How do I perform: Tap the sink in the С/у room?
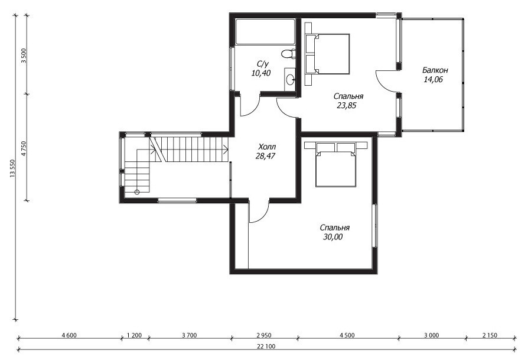point(290,80)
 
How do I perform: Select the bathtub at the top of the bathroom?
point(265,32)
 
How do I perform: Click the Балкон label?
point(435,70)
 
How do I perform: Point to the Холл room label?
point(267,147)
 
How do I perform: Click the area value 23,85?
point(347,106)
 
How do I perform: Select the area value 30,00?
point(333,237)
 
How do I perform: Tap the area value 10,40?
point(260,73)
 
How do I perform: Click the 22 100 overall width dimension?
point(266,346)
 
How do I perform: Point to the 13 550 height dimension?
point(13,168)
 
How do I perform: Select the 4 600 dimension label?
point(69,335)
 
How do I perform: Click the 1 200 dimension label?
point(134,335)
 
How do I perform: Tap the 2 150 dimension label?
point(490,335)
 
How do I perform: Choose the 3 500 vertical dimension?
point(23,56)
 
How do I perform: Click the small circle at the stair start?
point(136,192)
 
